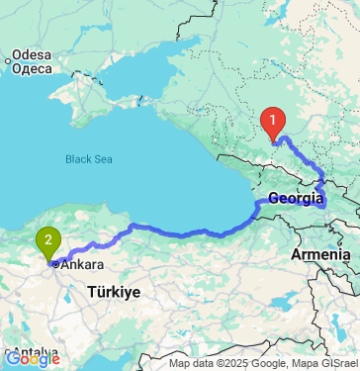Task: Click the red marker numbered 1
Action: point(273,124)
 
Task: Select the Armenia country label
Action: point(319,255)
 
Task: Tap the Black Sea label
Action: point(90,158)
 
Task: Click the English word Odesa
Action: point(31,54)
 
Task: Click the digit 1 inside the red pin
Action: point(273,121)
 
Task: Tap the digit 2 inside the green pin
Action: point(47,237)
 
